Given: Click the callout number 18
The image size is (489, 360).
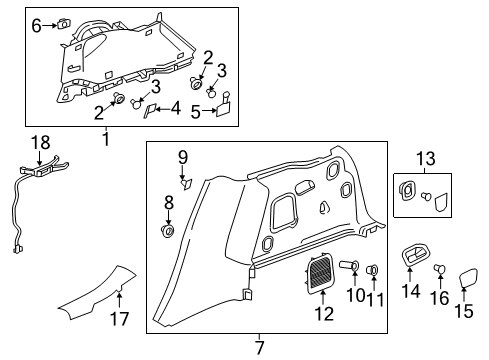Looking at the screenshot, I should [39, 142].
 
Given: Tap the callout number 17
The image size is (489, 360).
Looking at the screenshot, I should [120, 320].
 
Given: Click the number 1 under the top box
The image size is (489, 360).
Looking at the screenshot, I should [105, 139].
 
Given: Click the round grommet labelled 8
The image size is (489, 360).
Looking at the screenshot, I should [168, 232].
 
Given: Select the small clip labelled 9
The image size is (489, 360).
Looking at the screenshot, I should [184, 182].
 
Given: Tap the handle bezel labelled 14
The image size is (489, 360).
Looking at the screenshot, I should [410, 258].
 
